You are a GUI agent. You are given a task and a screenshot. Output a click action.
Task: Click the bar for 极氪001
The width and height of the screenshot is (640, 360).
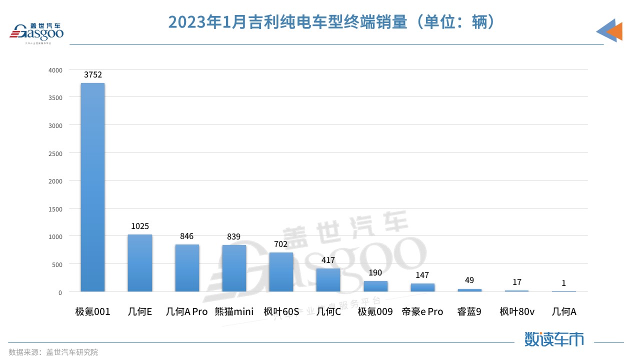pos(92,187)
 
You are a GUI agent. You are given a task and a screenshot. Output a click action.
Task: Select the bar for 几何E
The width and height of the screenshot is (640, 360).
pos(140,263)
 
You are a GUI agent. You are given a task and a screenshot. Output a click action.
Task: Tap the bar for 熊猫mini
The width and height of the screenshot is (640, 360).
pos(234,268)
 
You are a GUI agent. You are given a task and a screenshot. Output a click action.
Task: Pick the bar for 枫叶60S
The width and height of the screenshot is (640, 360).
pos(281,272)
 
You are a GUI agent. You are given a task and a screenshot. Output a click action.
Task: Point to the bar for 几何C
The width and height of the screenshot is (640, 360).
pos(328,280)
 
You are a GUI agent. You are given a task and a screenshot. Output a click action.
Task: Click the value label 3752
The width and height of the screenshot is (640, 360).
pos(93,75)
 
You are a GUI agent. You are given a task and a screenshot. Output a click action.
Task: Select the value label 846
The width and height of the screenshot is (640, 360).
pos(187,236)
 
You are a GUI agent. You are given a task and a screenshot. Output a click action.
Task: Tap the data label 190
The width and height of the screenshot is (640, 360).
pos(375,273)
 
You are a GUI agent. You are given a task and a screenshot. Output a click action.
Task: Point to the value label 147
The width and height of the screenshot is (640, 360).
pos(422,275)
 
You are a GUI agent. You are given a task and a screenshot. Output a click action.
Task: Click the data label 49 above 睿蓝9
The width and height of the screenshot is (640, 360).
pos(469,280)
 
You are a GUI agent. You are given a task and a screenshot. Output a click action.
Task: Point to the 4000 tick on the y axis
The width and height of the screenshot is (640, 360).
pos(55,70)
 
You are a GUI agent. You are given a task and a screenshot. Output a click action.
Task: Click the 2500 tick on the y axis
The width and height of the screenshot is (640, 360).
pos(55,153)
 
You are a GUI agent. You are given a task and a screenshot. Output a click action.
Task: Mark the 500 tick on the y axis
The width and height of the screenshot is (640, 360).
pos(57,264)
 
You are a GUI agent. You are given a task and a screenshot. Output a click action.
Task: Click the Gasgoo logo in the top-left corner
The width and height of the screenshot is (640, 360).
pos(37,32)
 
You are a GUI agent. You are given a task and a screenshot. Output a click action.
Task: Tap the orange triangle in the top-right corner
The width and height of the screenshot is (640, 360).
pos(615,31)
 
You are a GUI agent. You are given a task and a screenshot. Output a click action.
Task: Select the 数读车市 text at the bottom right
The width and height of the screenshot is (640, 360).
pos(554,339)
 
